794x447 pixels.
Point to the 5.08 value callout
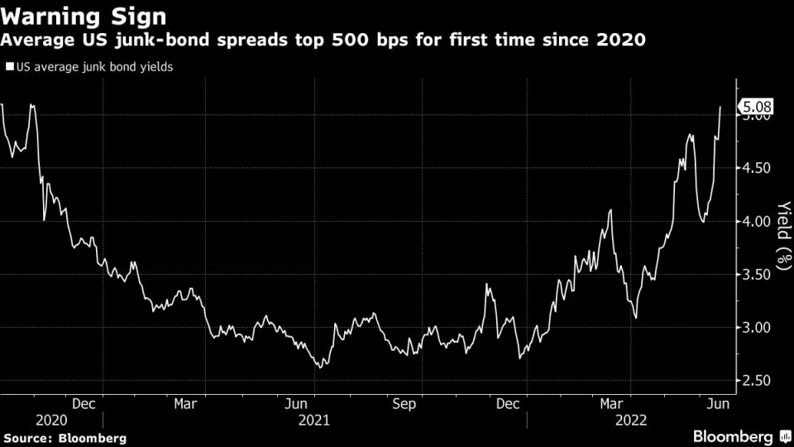tap(758, 107)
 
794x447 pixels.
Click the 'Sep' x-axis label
tap(404, 404)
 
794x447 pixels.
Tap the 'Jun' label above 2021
tap(298, 404)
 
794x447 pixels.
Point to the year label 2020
tap(50, 420)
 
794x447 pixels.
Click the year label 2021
tap(313, 420)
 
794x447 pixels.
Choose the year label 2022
tap(630, 420)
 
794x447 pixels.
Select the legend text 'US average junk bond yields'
tap(93, 67)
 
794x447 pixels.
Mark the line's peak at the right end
tap(720, 107)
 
